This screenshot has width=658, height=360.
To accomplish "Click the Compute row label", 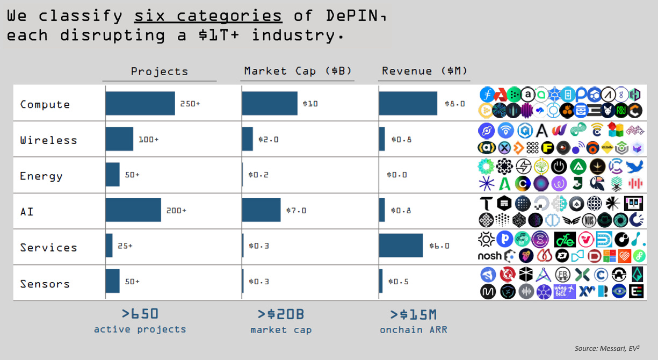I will pyautogui.click(x=45, y=104).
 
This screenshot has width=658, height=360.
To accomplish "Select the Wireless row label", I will pyautogui.click(x=48, y=140).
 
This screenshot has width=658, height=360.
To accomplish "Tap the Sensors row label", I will pyautogui.click(x=45, y=284).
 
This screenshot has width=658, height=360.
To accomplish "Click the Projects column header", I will pyautogui.click(x=160, y=71).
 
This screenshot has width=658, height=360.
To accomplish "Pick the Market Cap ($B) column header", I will pyautogui.click(x=298, y=71).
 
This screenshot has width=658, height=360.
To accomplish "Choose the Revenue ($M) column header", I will pyautogui.click(x=424, y=71).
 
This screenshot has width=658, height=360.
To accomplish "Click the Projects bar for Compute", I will pyautogui.click(x=140, y=103).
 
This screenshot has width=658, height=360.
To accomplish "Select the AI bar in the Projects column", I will pyautogui.click(x=133, y=210).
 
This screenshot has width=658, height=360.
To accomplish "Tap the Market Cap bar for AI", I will pyautogui.click(x=261, y=210).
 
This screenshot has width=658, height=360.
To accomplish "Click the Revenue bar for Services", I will pyautogui.click(x=401, y=246).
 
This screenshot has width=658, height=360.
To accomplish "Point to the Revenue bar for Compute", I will pyautogui.click(x=408, y=103).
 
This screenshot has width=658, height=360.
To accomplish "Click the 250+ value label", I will pyautogui.click(x=190, y=104).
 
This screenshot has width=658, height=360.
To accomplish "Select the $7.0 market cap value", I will pyautogui.click(x=295, y=211).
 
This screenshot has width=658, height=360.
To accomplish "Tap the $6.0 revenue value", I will pyautogui.click(x=439, y=246).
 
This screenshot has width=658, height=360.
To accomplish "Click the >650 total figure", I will pyautogui.click(x=140, y=314).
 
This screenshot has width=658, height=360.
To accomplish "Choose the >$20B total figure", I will pyautogui.click(x=281, y=314).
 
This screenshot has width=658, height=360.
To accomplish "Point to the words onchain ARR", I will pyautogui.click(x=413, y=330).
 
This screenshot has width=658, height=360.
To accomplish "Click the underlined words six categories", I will pyautogui.click(x=208, y=16).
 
